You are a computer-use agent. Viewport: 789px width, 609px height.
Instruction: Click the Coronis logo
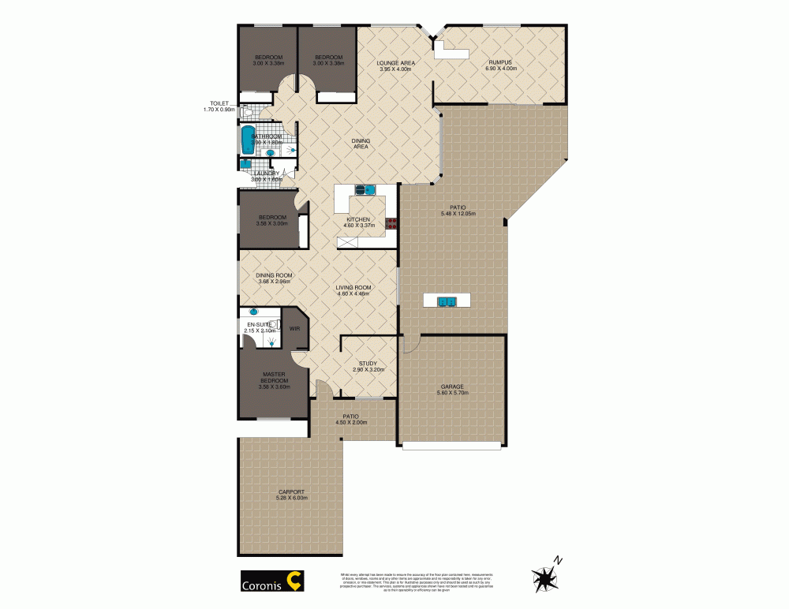click(x=271, y=582)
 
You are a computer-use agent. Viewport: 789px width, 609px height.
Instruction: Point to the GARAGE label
click(x=452, y=387)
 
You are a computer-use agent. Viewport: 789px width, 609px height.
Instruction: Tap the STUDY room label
click(x=368, y=364)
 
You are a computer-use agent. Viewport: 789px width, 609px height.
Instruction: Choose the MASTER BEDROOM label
click(x=274, y=378)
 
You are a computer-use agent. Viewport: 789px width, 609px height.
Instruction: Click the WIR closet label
click(x=294, y=328)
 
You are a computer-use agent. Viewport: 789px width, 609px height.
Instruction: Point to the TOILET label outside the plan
click(x=219, y=103)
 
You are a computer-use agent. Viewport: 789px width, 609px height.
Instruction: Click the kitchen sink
click(x=365, y=189)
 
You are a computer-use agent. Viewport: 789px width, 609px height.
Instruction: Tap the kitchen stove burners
click(x=390, y=223)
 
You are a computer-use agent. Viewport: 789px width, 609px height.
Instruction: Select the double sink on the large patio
click(x=447, y=301)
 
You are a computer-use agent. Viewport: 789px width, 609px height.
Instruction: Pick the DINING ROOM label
click(x=273, y=275)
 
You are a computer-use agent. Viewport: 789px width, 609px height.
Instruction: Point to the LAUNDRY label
click(x=265, y=174)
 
